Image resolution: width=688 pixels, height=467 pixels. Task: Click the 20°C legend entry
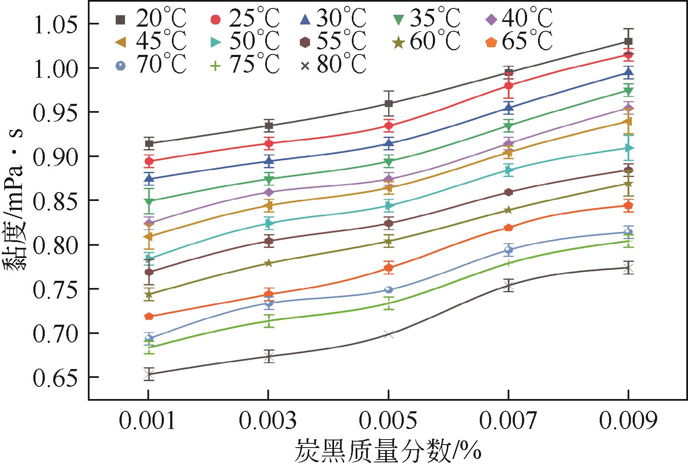point(150,19)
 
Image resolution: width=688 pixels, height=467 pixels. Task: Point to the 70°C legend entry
point(150,66)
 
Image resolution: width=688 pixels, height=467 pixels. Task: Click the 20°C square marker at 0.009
point(628,41)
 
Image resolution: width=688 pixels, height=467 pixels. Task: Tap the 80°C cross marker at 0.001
point(148,374)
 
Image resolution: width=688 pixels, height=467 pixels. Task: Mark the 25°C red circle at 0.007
point(509,86)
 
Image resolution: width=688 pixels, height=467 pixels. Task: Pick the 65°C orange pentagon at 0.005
point(389,268)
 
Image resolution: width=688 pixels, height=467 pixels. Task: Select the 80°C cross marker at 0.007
point(509,286)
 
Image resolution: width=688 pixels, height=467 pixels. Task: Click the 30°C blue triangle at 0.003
point(269,160)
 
